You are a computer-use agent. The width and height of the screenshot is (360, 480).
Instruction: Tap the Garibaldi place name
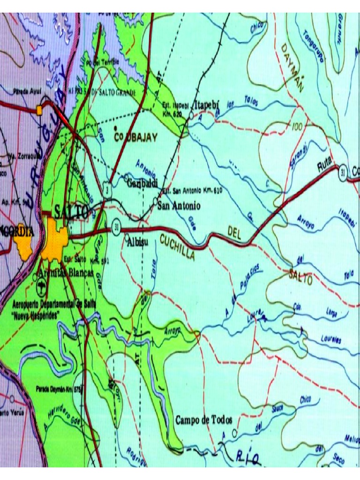point(142,183)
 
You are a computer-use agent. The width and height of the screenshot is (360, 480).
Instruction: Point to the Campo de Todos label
point(204,420)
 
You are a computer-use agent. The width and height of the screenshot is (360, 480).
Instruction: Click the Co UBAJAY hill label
point(135,137)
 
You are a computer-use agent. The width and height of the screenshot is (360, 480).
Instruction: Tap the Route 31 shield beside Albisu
point(116,228)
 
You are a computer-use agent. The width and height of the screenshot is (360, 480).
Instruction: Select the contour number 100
point(297,127)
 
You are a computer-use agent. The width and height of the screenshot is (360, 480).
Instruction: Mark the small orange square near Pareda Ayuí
point(39,110)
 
